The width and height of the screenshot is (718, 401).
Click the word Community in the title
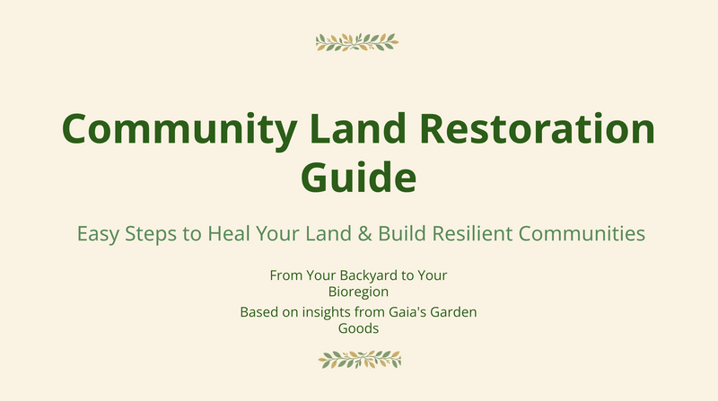pos(179,129)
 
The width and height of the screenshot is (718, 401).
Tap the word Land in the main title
pos(357,128)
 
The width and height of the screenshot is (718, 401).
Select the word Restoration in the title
pos(537,128)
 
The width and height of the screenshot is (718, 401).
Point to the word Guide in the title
pos(358,178)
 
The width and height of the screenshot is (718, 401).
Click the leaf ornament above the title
pos(357,42)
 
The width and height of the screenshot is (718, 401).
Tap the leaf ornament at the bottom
pos(360,360)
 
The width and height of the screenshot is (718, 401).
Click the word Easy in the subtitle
pos(98,234)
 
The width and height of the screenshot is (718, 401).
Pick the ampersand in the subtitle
pos(364,233)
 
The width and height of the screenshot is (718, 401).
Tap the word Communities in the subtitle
pos(582,233)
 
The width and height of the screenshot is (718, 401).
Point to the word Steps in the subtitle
pos(151,234)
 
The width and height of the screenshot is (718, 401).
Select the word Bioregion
pos(358,292)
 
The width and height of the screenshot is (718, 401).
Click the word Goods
pos(358,328)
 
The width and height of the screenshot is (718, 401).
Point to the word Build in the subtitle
pos(402,233)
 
